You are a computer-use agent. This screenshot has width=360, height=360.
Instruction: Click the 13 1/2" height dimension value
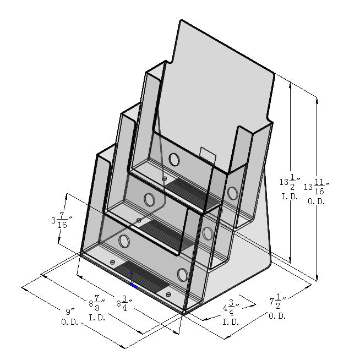click(x=290, y=182)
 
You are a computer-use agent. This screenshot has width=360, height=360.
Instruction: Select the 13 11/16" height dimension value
click(x=317, y=187)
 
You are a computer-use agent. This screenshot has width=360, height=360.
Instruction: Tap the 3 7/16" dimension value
click(x=62, y=220)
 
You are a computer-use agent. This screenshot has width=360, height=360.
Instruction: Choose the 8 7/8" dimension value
click(x=97, y=303)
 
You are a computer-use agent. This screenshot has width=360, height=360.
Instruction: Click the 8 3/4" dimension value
click(x=124, y=303)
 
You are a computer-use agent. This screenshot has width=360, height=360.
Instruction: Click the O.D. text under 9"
click(x=70, y=322)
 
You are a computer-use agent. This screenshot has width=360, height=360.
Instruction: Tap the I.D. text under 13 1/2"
click(x=290, y=197)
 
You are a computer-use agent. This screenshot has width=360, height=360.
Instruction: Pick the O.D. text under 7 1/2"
click(x=277, y=316)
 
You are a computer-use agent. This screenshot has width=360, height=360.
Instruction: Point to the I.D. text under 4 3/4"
click(x=231, y=322)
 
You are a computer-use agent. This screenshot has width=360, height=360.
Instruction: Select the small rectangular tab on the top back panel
click(x=208, y=155)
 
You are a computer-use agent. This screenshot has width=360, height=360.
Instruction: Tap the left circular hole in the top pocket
click(x=174, y=159)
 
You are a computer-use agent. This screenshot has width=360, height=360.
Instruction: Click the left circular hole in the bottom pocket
click(x=124, y=241)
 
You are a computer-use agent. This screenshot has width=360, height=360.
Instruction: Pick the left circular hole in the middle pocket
click(x=149, y=199)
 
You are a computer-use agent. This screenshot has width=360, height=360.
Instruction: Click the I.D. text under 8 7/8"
click(x=97, y=318)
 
